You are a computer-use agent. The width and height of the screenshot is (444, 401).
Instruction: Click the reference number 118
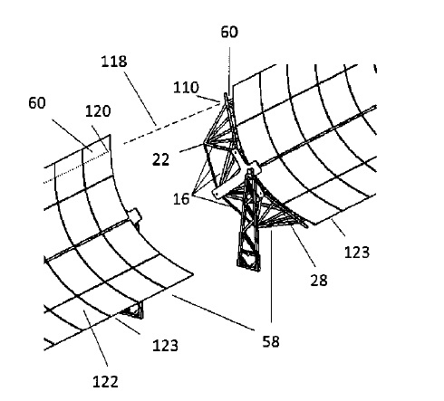coord(114,62)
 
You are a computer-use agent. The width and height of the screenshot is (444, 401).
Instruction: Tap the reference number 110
coord(186,88)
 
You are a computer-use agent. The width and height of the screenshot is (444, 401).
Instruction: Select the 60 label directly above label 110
coord(229,32)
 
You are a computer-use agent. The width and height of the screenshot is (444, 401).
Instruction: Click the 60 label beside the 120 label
coord(37,103)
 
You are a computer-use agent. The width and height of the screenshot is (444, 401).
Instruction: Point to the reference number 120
coord(98,111)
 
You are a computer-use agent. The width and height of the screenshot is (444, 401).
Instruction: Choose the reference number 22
coord(160,159)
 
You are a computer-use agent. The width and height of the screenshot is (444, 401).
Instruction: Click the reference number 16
coord(181,199)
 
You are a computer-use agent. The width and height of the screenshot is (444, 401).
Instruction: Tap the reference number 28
coord(319,281)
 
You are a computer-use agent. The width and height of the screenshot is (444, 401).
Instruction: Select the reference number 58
coord(271,341)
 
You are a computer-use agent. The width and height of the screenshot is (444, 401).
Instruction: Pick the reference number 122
coord(105,382)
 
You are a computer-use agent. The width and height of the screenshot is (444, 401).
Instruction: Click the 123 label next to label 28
coord(357,252)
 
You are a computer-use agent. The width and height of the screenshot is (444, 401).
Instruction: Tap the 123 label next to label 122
coord(165,346)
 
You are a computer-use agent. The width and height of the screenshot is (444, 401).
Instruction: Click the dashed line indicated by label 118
coord(171,123)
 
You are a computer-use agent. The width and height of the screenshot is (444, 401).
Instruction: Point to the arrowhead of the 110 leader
coord(219,101)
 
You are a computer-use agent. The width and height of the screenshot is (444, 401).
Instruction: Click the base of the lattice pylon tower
coord(248,263)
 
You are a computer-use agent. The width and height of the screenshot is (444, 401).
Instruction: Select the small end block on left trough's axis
coord(134,215)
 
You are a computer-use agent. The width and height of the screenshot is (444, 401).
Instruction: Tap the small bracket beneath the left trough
coord(134,310)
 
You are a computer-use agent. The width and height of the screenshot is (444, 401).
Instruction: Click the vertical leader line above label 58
coord(271,276)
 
